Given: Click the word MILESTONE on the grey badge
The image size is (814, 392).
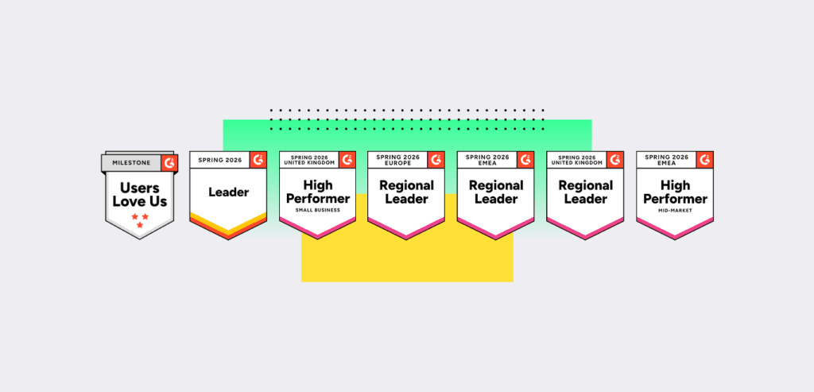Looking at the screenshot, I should tap(130, 162).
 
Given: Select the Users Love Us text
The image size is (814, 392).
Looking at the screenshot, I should tap(139, 194).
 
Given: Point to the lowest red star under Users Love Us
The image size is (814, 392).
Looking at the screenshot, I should tap(140, 225).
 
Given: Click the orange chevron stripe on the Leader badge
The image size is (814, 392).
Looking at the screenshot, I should tap(227, 224).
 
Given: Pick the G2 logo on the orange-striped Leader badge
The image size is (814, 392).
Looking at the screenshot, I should tap(258, 160).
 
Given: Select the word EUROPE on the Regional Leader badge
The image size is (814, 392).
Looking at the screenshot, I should tap(397, 163).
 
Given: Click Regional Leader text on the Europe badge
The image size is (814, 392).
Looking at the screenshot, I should tap(406, 192).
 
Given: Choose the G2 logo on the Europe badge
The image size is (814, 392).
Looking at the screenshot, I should tap(436, 160).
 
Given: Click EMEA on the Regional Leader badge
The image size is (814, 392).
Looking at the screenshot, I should tap(486, 163).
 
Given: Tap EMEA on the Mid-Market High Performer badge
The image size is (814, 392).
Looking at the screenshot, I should tap(665, 163).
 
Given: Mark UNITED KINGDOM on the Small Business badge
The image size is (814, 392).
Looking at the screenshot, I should tap(309, 163).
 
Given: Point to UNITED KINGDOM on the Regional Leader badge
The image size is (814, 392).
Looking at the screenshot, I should tap(576, 163).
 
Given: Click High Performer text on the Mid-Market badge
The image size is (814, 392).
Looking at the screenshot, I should tap(674, 192).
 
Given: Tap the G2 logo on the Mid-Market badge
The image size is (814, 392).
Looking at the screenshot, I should tap(704, 160).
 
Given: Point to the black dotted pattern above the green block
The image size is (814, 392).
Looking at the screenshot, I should tap(407, 118).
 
